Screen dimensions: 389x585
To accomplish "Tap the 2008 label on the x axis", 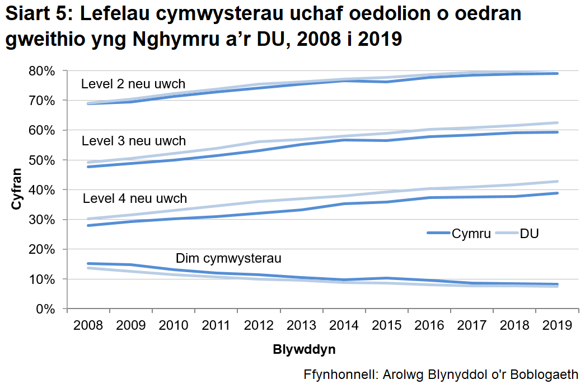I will (x=88, y=326).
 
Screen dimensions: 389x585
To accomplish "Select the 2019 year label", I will (x=557, y=326).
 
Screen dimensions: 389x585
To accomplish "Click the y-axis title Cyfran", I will (x=16, y=190).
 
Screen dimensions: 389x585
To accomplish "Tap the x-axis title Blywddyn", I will (x=304, y=350).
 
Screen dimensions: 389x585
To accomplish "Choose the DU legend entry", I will (x=529, y=234).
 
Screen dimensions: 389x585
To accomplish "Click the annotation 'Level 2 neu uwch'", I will (x=133, y=84).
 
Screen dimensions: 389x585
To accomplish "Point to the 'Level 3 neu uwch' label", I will (x=133, y=140).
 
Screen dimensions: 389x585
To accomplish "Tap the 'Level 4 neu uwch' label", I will (x=134, y=198).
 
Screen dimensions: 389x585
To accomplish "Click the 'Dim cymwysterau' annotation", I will (x=228, y=258).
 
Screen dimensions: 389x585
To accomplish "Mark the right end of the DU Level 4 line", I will (x=558, y=181).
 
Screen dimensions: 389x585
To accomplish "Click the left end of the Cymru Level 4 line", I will (x=88, y=225).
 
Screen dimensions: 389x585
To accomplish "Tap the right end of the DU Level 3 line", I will (x=558, y=122).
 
